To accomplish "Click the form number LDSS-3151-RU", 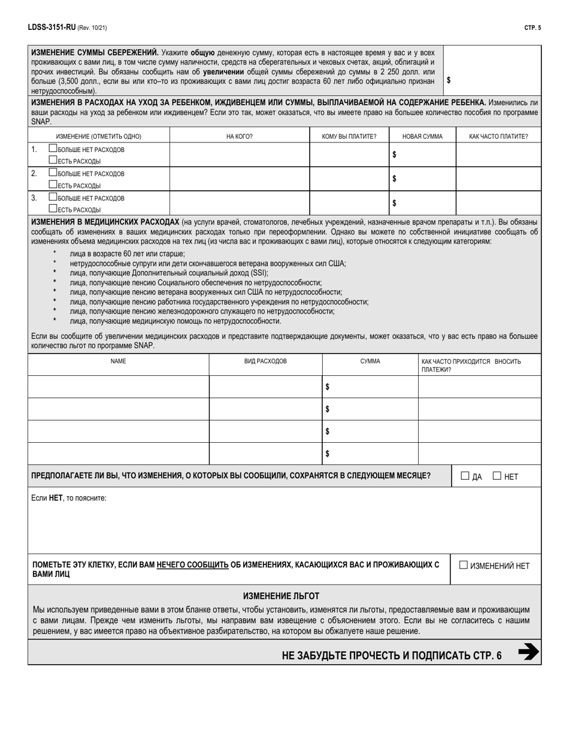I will point(51,28).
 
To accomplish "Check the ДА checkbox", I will point(465,476).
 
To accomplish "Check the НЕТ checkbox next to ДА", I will point(497,476).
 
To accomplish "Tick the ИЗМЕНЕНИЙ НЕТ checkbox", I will point(464,565).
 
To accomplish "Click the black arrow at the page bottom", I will point(528,652).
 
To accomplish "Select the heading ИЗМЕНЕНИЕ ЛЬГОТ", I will point(281,596).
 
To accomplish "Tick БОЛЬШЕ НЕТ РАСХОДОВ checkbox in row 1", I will point(53,149).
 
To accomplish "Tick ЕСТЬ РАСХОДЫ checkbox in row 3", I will point(53,209).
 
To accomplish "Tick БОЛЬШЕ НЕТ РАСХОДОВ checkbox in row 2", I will point(53,174).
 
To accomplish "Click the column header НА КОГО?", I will point(240,136).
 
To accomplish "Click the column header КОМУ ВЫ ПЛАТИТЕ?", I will point(349,136).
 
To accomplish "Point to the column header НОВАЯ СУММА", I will point(422,136).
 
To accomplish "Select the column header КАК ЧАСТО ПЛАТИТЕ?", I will point(498,136).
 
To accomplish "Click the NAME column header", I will point(119,361).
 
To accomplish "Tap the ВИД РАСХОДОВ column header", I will point(265,361).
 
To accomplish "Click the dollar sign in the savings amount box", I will point(449,80).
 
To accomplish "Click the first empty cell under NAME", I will point(119,387).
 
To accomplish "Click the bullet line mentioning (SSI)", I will point(169,272).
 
